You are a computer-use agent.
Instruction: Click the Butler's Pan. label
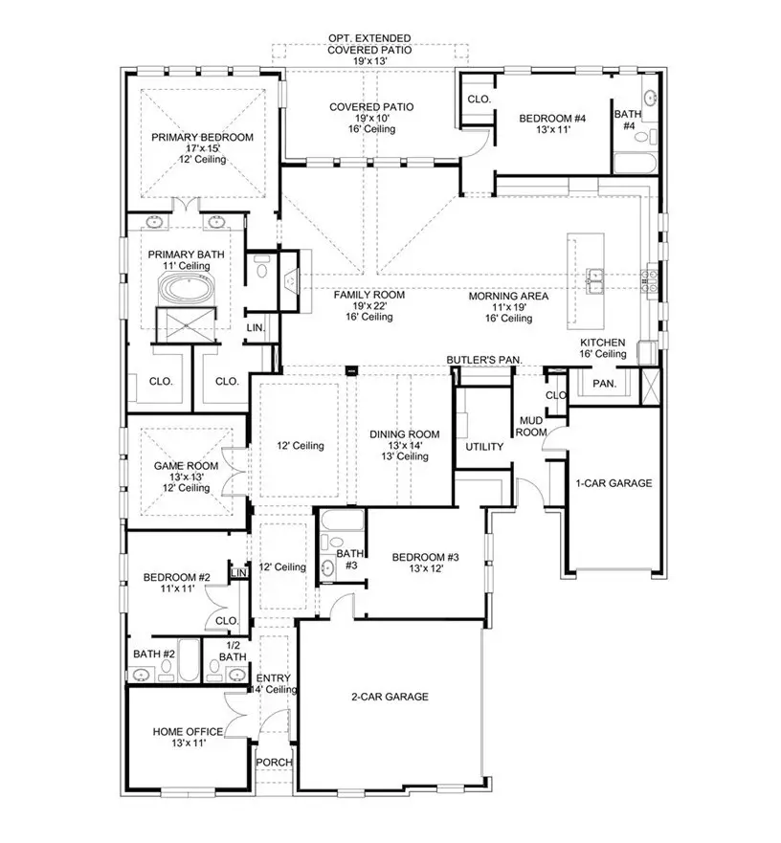click(x=483, y=359)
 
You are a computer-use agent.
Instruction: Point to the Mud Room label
click(x=532, y=427)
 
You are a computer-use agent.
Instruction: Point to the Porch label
click(x=274, y=763)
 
